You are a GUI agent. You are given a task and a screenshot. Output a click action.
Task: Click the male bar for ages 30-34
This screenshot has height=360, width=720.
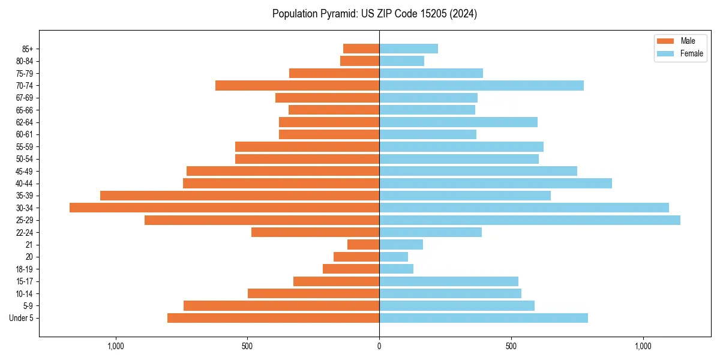(224, 208)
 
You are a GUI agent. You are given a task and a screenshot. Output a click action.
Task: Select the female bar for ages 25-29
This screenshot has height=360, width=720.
(530, 220)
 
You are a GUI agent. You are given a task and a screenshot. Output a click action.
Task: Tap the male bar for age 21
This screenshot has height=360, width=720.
(363, 245)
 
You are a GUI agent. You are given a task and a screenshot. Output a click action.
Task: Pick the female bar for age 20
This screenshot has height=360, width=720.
(394, 257)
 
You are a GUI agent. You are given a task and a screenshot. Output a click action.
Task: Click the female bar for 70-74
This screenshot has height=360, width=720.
(481, 86)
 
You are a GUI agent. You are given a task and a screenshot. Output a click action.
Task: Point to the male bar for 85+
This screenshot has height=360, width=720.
(361, 49)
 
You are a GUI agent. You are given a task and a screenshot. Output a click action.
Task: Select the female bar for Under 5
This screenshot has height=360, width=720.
(484, 318)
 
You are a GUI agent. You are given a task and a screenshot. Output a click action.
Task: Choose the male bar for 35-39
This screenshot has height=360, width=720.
(239, 196)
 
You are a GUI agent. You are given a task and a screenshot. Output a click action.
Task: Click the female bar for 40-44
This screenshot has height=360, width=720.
(496, 183)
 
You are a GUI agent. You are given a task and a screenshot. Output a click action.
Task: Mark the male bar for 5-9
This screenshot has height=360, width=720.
(281, 306)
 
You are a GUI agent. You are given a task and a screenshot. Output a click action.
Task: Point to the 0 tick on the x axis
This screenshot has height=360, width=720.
(379, 346)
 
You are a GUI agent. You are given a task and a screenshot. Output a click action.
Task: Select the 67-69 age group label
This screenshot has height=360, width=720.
(25, 98)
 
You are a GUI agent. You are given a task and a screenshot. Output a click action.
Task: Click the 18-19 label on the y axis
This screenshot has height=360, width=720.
(25, 269)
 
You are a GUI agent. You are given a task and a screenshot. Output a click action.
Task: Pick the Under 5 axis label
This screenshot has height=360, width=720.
(22, 318)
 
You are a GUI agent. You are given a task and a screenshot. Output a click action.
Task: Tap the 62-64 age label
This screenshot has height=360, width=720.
(25, 122)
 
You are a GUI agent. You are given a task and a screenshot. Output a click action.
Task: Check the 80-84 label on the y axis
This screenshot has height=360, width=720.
(25, 61)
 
